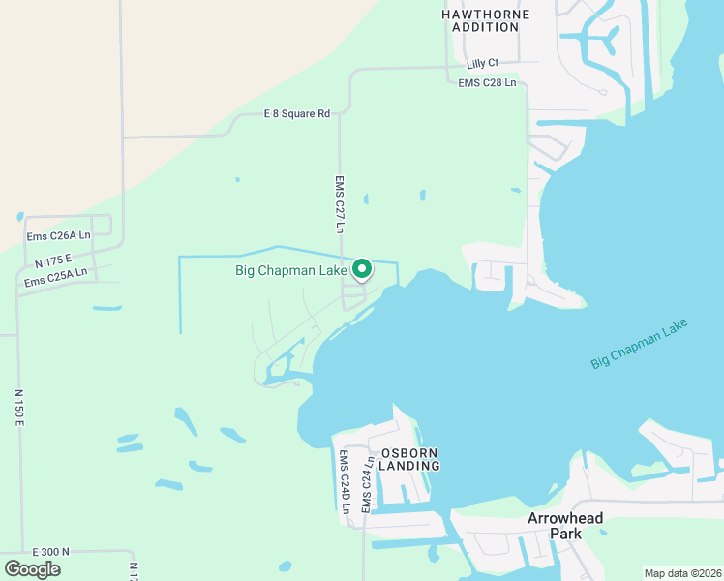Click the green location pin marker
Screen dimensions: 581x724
(362, 268)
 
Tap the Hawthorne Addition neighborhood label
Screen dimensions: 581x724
(486, 20)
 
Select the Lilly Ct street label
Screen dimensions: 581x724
(481, 64)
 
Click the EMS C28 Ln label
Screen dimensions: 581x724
(487, 83)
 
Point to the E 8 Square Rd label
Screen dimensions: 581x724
(297, 114)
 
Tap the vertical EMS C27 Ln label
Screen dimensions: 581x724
(340, 204)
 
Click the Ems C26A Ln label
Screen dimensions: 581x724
(58, 235)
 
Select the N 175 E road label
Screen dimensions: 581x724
(53, 260)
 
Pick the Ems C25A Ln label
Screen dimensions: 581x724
(56, 277)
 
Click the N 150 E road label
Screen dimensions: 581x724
(18, 409)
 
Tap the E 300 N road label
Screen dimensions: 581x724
(50, 551)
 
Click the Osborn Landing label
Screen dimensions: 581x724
(409, 459)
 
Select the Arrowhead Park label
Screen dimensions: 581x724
(565, 526)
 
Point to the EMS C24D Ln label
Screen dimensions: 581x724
(344, 480)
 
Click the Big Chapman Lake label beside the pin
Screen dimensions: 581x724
(291, 270)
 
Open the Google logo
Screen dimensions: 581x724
(33, 568)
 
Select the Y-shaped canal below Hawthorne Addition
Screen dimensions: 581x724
(605, 41)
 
